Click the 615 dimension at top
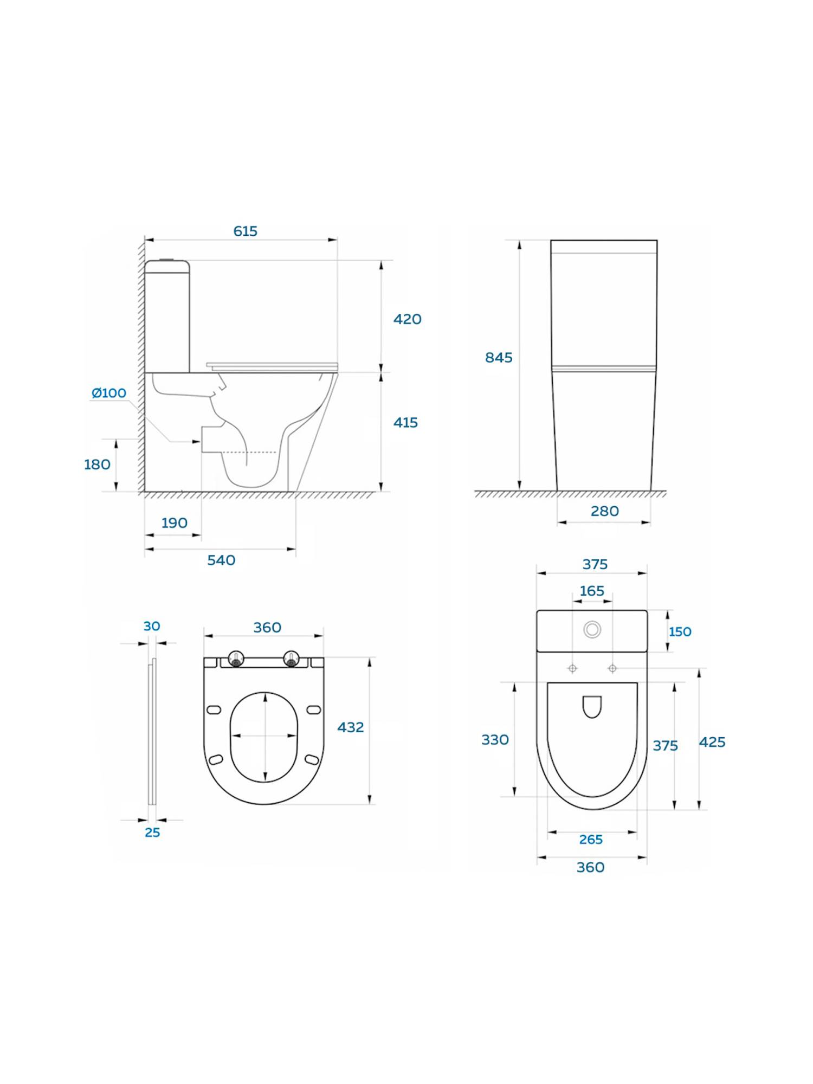coord(245,231)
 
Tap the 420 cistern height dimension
coord(407,319)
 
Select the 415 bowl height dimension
coord(405,422)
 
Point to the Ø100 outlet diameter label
coord(109,393)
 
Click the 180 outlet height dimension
coord(97,464)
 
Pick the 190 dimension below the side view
coord(174,523)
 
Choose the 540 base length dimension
coord(221,560)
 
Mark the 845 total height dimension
coord(498,358)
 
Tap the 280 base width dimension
coord(604,511)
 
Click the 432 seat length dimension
coord(350,727)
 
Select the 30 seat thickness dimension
coord(152,626)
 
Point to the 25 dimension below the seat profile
coord(152,833)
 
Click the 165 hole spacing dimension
coord(591,591)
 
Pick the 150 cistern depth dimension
coord(680,632)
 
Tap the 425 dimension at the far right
coord(712,742)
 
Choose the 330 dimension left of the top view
coord(495,740)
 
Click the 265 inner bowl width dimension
coord(591,840)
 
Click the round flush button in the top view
coord(592,629)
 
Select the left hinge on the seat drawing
coord(236,659)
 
